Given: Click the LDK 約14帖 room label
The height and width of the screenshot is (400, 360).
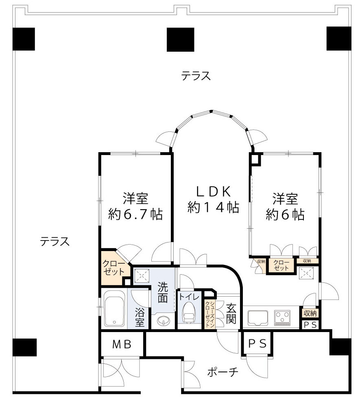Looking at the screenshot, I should click(x=213, y=199).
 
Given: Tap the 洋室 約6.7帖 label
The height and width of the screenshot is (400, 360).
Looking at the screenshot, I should click(x=135, y=206).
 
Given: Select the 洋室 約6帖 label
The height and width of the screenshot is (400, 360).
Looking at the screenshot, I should click(x=285, y=206).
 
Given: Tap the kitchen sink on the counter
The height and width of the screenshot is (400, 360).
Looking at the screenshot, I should click(x=257, y=317).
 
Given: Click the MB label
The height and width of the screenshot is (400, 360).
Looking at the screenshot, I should click(x=122, y=345).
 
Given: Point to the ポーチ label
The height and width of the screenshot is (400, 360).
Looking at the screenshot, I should click(x=222, y=372).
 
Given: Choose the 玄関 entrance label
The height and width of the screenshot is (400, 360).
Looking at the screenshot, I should click(x=231, y=313).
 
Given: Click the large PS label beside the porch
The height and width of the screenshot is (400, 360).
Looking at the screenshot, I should click(x=257, y=344).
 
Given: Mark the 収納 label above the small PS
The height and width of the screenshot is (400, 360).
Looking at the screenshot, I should click(x=310, y=313).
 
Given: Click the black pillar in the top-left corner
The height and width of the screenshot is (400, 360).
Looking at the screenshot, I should click(x=24, y=39).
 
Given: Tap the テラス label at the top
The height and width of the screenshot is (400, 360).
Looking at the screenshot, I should click(x=196, y=76).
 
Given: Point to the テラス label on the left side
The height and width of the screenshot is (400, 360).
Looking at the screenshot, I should click(x=55, y=242).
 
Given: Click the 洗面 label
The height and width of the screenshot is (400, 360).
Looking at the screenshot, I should click(x=163, y=292).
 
